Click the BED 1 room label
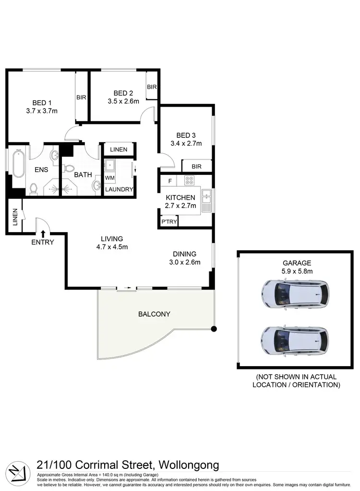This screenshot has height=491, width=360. (42, 102)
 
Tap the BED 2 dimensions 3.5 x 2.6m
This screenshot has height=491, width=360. (123, 101)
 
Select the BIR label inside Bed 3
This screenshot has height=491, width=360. (196, 167)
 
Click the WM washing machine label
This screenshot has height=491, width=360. (109, 178)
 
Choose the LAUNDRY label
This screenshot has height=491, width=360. (119, 189)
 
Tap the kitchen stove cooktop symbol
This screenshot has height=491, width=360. (189, 181)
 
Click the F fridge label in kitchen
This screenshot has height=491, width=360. (169, 182)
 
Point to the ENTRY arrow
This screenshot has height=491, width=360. (43, 233)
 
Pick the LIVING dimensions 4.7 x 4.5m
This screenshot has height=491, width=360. (112, 247)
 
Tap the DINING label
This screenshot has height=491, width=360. (185, 254)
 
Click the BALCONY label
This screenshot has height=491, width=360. (154, 314)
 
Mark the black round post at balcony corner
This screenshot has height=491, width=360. (214, 329)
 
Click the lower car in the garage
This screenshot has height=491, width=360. (295, 340)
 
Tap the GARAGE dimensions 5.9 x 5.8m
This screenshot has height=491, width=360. (297, 271)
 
